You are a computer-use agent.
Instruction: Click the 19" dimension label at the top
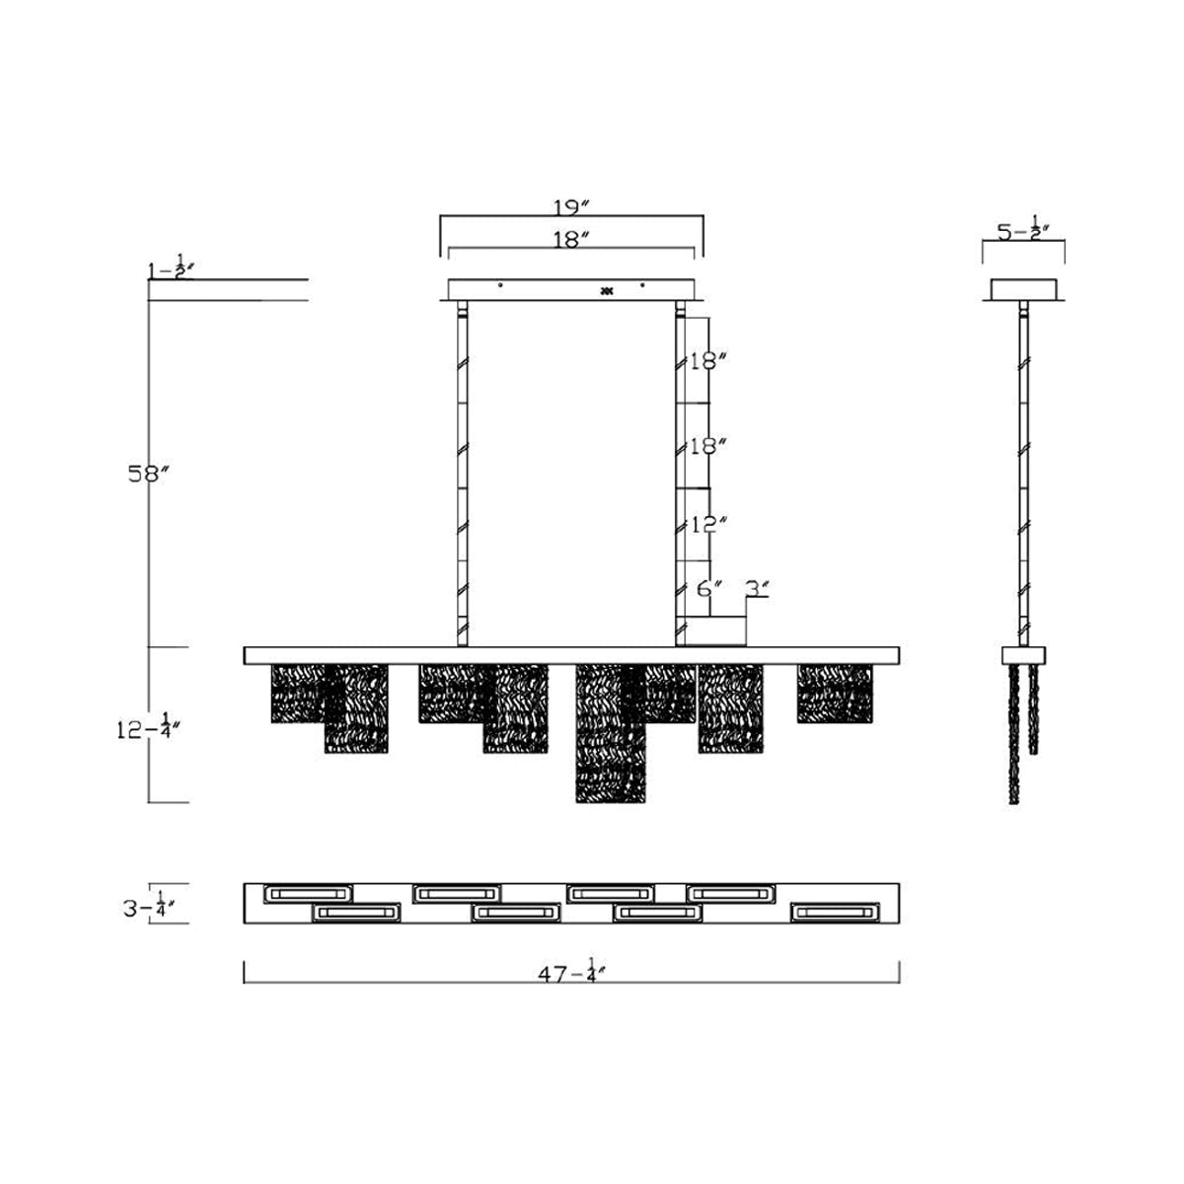tap(570, 207)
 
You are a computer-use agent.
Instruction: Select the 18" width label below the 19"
tap(570, 238)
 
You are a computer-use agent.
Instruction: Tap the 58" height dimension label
tap(149, 473)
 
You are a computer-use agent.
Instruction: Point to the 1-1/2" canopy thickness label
tap(171, 268)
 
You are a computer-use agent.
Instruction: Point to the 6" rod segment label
tap(711, 589)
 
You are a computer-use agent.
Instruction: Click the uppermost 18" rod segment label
tap(707, 361)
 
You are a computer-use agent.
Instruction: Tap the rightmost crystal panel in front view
tap(835, 695)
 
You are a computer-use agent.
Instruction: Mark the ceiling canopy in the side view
tap(1024, 288)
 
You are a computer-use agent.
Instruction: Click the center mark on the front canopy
tap(607, 290)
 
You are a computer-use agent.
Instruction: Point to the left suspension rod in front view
tap(460, 479)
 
